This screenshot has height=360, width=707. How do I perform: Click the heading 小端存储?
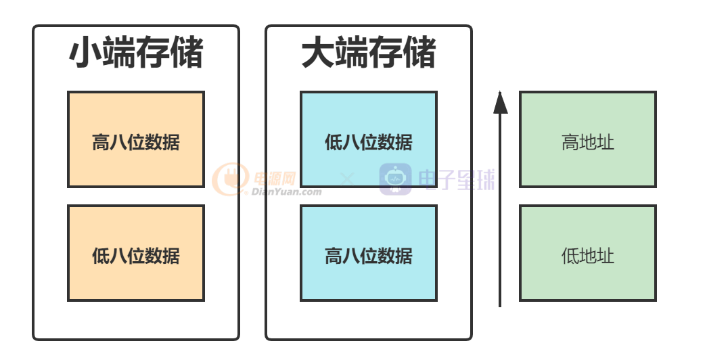point(136,53)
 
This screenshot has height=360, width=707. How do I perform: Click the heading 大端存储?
point(369,53)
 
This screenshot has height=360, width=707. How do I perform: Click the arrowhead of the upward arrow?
point(500,103)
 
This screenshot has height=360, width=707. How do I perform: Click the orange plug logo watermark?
point(230,179)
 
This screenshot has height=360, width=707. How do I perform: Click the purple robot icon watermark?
point(395,179)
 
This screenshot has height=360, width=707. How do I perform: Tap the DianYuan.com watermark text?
point(286,192)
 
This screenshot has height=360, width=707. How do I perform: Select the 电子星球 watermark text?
point(457,180)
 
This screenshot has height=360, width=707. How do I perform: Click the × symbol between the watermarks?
point(347,179)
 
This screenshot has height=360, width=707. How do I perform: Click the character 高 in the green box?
point(570,143)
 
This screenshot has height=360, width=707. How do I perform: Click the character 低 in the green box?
point(570,256)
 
